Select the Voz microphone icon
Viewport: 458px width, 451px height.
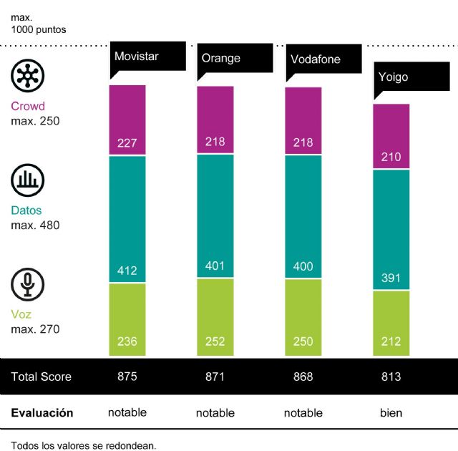click(28, 284)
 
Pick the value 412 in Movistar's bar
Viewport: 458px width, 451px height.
click(127, 271)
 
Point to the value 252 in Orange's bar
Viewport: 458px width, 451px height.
click(214, 341)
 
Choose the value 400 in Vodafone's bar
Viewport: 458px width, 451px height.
click(303, 267)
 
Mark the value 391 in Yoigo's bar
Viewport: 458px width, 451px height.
click(391, 278)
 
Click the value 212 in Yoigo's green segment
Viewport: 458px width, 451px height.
click(391, 341)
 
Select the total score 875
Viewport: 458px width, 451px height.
click(127, 377)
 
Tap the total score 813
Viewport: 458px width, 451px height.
click(391, 377)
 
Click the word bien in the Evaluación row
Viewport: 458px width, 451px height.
click(391, 413)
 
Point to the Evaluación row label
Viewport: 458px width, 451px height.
click(42, 413)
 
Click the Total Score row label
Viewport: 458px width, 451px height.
click(42, 377)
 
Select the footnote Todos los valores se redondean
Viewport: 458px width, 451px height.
click(84, 445)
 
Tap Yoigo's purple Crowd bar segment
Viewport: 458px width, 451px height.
click(391, 136)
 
